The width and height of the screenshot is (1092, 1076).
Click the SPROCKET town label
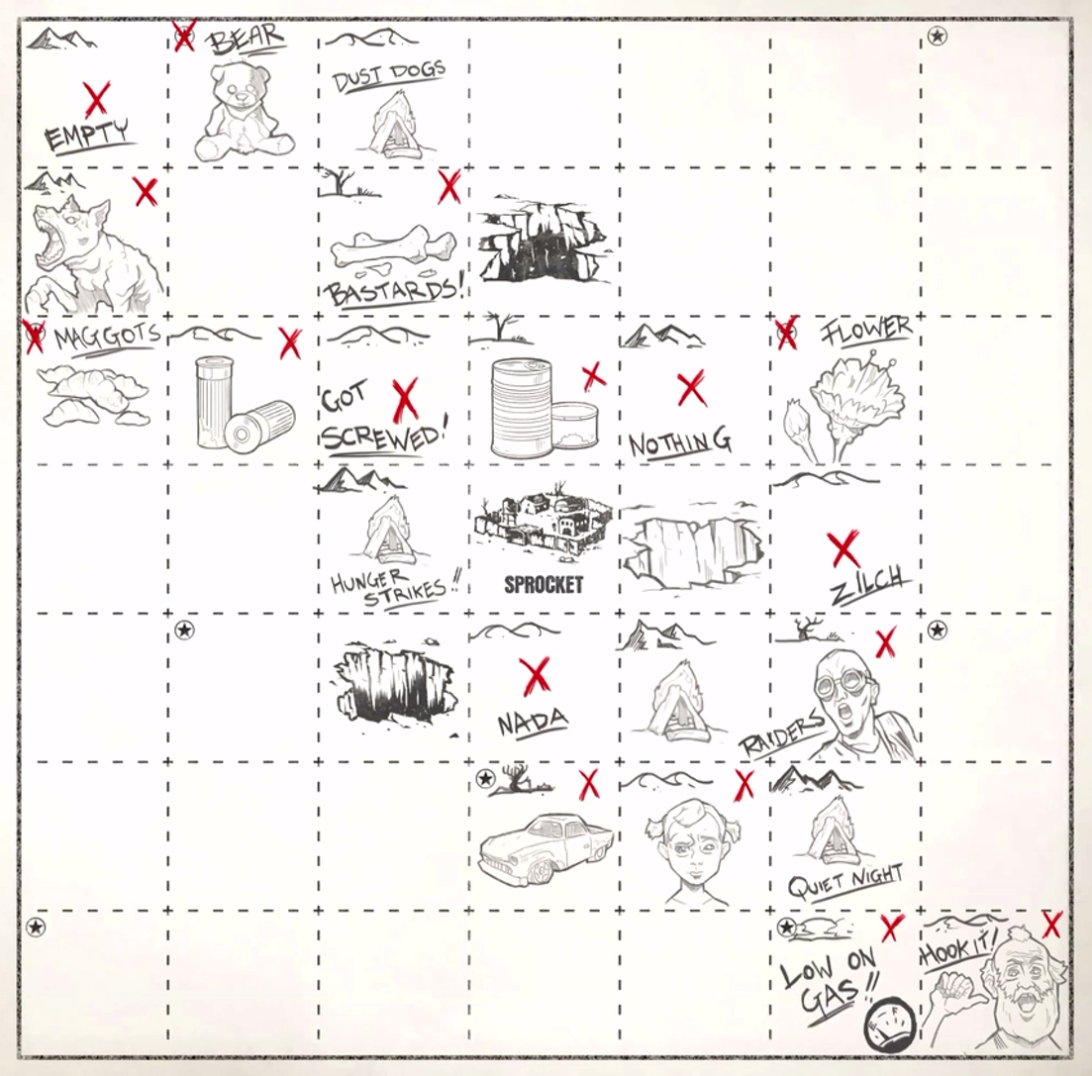[544, 585]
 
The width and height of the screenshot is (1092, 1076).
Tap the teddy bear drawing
[244, 112]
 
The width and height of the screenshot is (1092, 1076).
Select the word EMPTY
[87, 136]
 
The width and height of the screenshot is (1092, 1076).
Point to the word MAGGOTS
[108, 338]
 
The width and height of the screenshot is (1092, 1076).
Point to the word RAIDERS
[782, 736]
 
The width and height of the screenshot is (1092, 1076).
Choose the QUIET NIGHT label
[845, 882]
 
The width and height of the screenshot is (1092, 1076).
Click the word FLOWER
[865, 329]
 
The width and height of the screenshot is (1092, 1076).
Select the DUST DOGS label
[389, 77]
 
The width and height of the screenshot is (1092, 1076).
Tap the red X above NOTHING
[691, 389]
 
